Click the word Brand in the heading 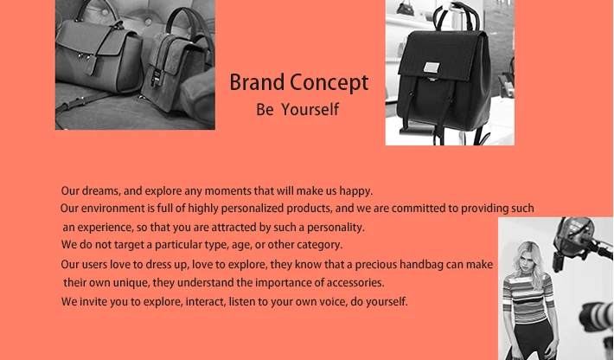[257, 83]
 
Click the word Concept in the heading [329, 84]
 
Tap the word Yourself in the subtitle [310, 110]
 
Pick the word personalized [253, 209]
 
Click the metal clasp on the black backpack [432, 67]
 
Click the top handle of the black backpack [457, 16]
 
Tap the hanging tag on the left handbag [91, 65]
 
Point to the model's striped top [528, 298]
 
